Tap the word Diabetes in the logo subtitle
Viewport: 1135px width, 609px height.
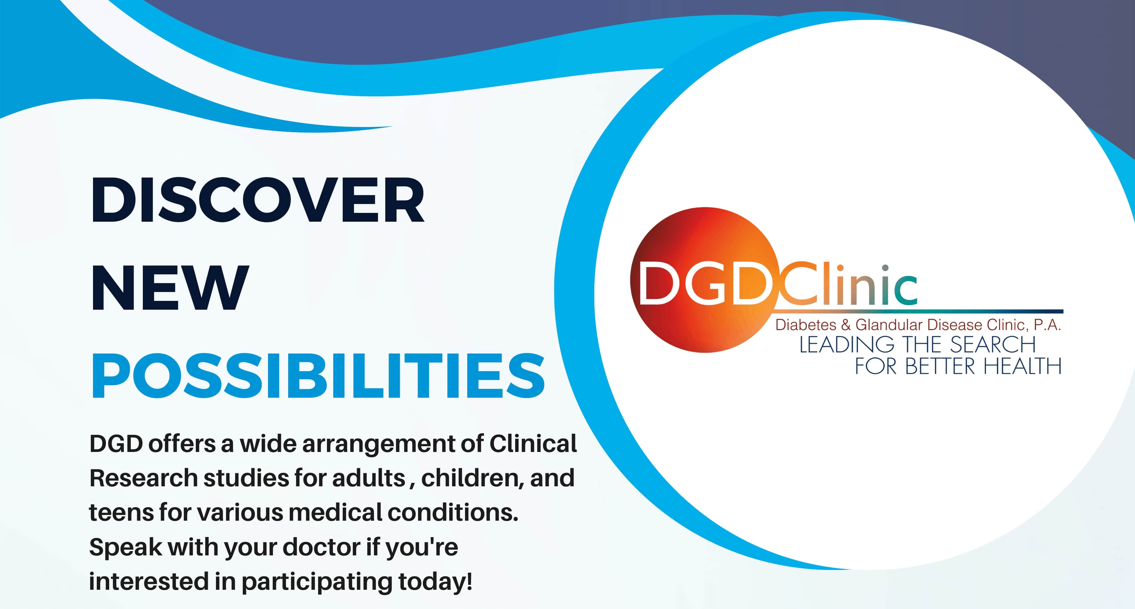(x=806, y=325)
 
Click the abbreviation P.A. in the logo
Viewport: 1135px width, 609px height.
(x=1047, y=325)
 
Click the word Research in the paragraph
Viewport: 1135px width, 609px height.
(x=143, y=478)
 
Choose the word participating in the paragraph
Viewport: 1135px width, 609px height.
(x=317, y=582)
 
